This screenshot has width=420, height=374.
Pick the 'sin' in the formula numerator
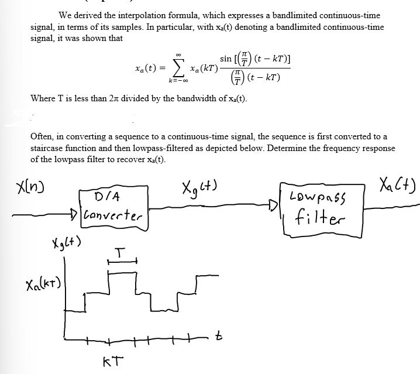coord(226,59)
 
